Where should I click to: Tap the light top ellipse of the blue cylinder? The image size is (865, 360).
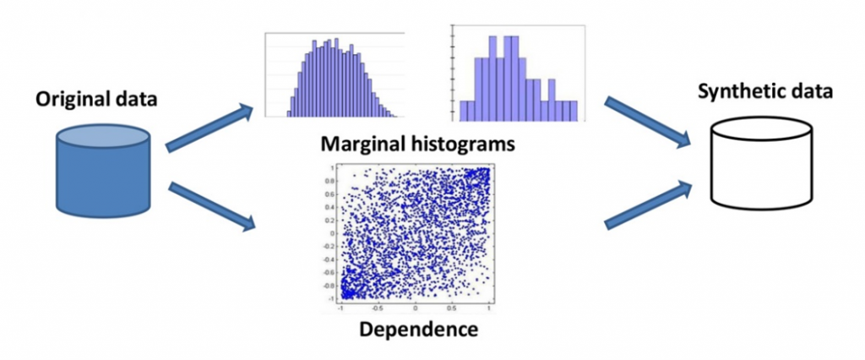coord(103,136)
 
